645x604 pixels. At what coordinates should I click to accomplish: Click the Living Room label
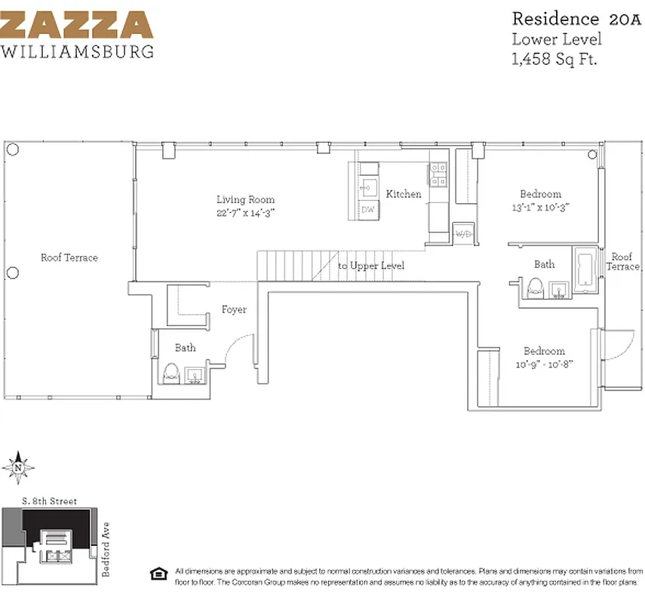245,199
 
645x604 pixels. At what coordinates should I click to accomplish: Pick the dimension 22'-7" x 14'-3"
245,213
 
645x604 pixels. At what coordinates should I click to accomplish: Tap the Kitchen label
404,194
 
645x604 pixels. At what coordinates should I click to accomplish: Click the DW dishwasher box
368,209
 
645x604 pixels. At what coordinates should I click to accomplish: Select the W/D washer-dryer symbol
462,233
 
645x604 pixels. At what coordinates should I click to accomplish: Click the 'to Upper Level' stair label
370,266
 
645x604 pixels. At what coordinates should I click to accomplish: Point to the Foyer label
234,310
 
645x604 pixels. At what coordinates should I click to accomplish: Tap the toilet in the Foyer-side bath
170,373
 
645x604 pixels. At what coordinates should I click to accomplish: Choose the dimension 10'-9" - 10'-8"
544,364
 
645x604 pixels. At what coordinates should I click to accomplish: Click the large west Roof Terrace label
69,257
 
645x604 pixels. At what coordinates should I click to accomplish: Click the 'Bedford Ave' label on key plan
106,549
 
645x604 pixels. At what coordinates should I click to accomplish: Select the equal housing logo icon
158,572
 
